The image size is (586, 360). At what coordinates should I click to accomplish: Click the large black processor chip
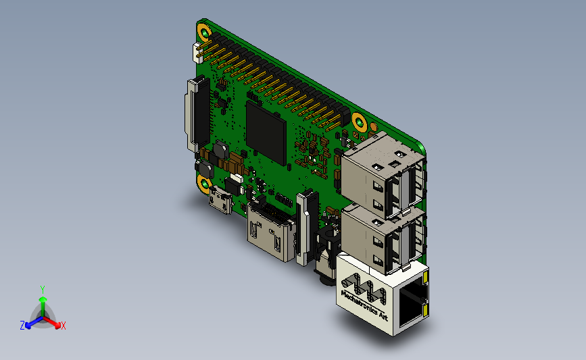[266, 132]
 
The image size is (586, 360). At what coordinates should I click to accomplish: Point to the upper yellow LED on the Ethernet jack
[425, 277]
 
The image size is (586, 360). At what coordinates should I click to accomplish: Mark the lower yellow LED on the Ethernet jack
[425, 309]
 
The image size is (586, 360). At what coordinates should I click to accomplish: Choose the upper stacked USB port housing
[384, 175]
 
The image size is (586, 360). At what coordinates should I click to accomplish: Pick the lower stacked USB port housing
[384, 240]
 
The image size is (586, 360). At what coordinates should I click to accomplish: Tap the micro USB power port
[222, 201]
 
